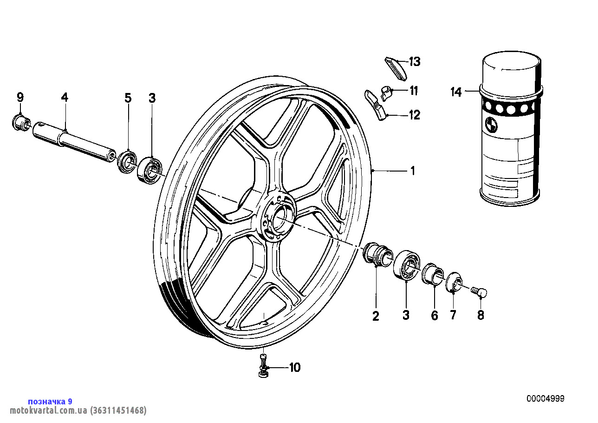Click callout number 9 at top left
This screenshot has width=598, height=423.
pos(20,97)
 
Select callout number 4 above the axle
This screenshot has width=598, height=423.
pos(65,97)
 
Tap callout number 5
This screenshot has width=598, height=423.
pos(128,98)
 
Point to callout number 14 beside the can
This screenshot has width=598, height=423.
pos(456,92)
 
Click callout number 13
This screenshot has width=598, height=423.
pos(414,61)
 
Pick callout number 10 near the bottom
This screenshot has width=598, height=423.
pos(295,368)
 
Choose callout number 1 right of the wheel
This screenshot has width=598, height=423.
pos(412,171)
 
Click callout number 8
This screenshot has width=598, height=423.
pos(481,315)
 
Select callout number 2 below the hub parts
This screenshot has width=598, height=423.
pos(376,316)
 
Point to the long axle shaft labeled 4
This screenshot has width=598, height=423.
pos(74,140)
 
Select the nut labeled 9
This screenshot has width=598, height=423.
pos(19,122)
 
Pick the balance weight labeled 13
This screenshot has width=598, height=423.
pos(396,66)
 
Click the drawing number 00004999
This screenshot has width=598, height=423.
pos(545,399)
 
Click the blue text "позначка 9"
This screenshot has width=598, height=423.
pos(50,402)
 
